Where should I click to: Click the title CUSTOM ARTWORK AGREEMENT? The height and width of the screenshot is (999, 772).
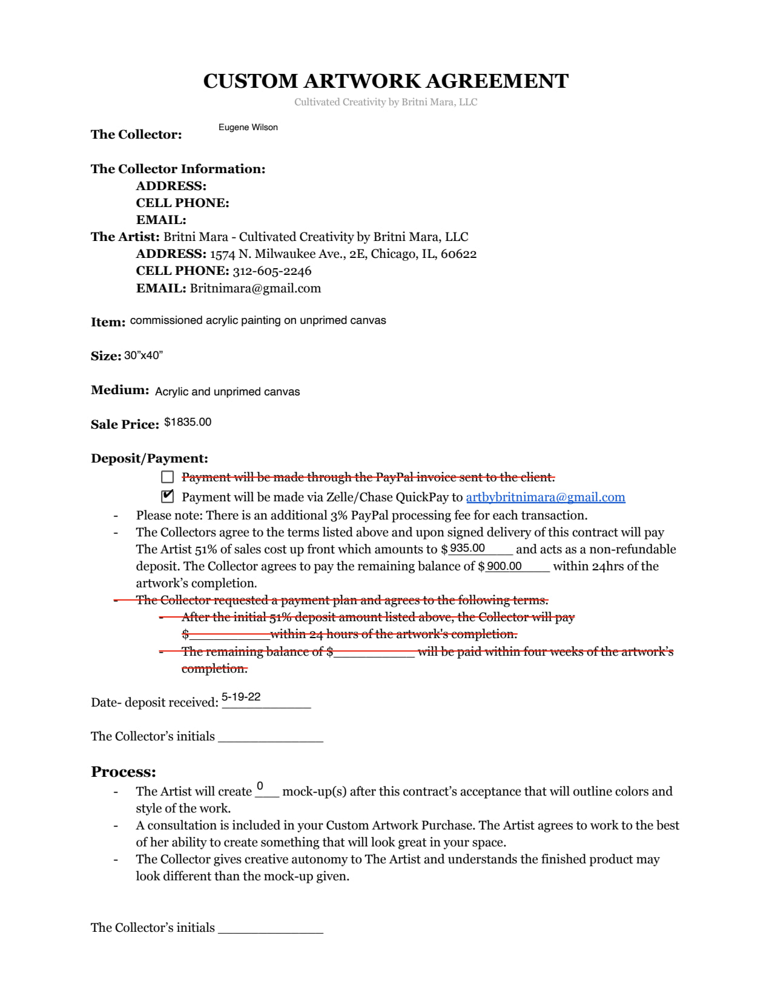(x=386, y=81)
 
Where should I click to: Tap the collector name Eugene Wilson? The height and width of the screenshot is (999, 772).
(x=248, y=127)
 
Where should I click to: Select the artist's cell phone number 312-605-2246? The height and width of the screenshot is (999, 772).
(x=272, y=271)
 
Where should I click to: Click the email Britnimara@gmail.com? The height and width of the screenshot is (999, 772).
(x=256, y=288)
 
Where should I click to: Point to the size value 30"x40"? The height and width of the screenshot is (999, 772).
(x=144, y=355)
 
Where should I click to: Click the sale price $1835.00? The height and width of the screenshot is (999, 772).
(x=188, y=422)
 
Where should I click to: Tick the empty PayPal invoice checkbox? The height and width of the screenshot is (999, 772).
(x=168, y=477)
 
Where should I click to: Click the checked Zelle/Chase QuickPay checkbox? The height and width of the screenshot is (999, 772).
(x=168, y=496)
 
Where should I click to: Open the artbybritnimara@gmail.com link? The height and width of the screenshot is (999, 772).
(x=545, y=497)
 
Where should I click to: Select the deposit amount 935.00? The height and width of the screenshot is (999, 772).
(x=467, y=549)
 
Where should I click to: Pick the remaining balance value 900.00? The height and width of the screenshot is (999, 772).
(x=504, y=566)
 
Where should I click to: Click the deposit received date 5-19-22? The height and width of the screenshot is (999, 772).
(x=241, y=697)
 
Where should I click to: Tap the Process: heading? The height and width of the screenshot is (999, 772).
(x=124, y=772)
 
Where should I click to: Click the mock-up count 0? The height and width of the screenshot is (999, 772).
(x=260, y=786)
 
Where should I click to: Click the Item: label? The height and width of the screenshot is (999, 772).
(x=108, y=322)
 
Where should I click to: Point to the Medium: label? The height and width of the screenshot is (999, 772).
(x=120, y=390)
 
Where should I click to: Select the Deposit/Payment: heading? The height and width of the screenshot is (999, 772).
(x=150, y=458)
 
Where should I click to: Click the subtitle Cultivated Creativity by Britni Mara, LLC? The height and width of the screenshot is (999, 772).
(x=386, y=102)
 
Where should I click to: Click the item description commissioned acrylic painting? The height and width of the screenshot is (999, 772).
(x=258, y=320)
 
